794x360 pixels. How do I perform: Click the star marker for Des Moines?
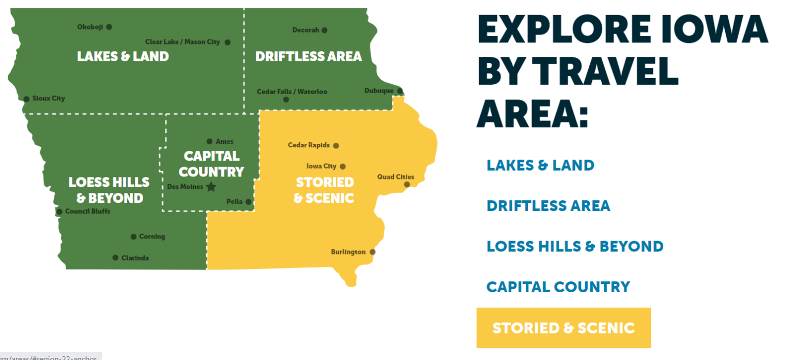[x=211, y=187]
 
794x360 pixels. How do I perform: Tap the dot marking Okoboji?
[x=109, y=27]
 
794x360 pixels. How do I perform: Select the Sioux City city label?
[x=49, y=98]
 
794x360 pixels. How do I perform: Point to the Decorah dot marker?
[x=325, y=30]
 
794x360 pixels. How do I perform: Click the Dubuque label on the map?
[x=379, y=91]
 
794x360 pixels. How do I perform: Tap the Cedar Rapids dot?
[x=336, y=146]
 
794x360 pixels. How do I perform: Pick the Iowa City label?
[x=322, y=166]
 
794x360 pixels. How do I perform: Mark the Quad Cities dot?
[x=407, y=185]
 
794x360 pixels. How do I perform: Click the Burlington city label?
[x=348, y=252]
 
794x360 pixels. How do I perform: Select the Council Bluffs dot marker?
[x=59, y=212]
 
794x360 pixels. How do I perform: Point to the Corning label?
[x=152, y=236]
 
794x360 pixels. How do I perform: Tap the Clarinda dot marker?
[x=115, y=258]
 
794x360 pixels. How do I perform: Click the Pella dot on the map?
[x=248, y=202]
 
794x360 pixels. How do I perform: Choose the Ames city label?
[x=225, y=141]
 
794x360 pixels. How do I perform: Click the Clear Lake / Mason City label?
[x=182, y=42]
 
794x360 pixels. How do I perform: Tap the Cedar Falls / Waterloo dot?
[x=286, y=99]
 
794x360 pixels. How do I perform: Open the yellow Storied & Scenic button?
[x=563, y=328]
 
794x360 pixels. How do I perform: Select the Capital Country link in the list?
[x=558, y=287]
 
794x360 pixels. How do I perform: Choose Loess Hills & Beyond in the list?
[x=575, y=246]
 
